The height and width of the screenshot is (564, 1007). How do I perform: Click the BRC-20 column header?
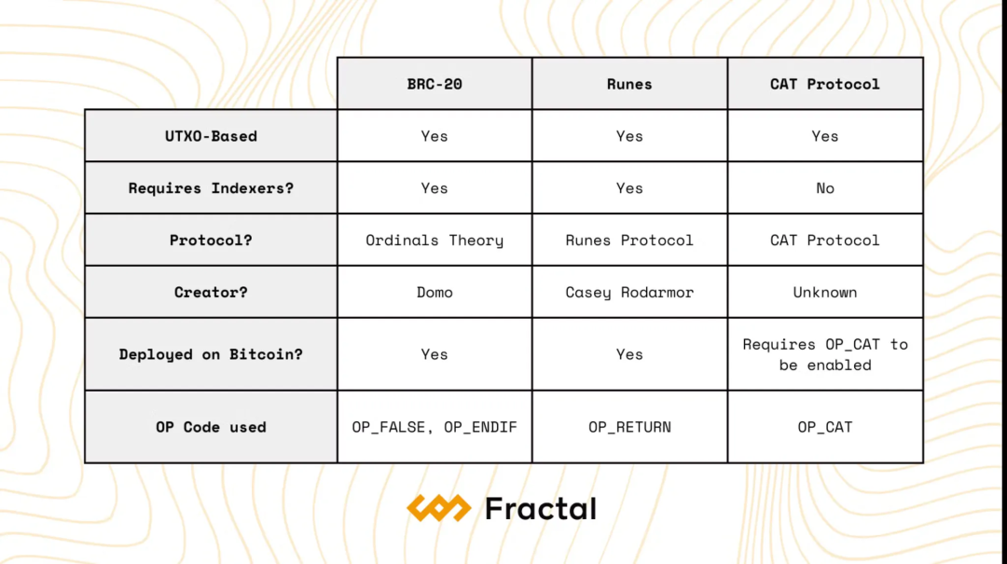pos(435,84)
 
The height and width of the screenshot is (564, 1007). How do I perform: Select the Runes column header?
pos(629,84)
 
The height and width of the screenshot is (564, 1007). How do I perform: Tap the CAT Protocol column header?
pos(825,84)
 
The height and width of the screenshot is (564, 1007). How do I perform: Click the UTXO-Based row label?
pos(211,135)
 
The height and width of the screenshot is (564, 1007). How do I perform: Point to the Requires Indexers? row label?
pos(211,187)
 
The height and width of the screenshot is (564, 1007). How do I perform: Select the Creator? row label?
pos(211,292)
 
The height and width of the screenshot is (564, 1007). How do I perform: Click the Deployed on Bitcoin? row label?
pos(211,354)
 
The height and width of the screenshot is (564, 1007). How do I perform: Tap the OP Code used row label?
pos(211,427)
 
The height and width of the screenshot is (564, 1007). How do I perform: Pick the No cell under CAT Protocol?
pos(825,187)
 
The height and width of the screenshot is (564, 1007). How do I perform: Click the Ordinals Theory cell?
pos(435,240)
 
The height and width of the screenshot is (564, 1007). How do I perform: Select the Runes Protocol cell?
pos(629,240)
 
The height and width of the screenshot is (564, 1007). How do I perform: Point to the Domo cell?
pos(435,292)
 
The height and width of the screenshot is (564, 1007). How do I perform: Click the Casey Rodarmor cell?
pos(629,292)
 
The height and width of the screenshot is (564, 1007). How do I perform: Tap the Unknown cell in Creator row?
pos(825,292)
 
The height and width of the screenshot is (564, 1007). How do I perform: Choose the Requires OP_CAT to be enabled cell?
pos(825,354)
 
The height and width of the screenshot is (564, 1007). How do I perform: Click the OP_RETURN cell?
pos(629,427)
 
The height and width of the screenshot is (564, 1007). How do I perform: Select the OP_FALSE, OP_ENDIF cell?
pos(435,427)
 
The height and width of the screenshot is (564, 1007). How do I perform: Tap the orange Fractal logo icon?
pos(439,508)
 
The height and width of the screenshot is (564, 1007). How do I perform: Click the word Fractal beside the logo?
pos(541,508)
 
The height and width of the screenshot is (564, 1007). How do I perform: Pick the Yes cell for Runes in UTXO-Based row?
pos(629,135)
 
